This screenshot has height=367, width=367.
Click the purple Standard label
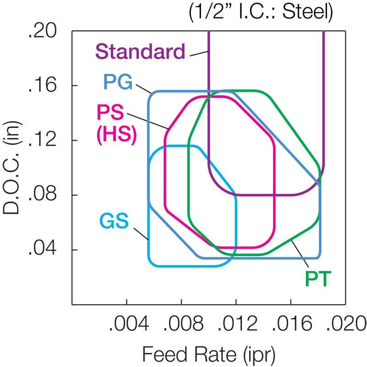click(x=140, y=51)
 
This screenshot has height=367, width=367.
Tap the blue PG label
click(x=118, y=83)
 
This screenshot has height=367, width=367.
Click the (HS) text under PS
click(x=116, y=136)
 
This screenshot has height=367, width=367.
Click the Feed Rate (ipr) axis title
click(x=209, y=354)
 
